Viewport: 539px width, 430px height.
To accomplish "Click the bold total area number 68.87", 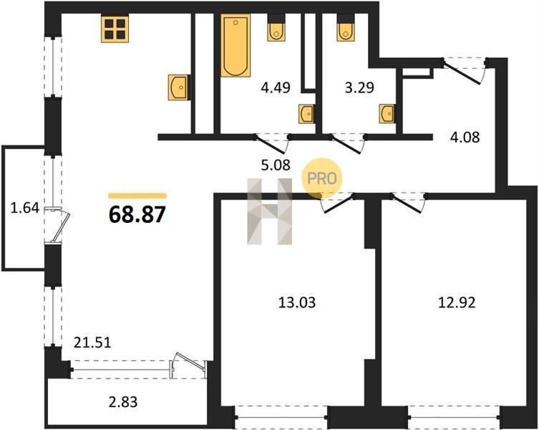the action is pyautogui.click(x=137, y=214).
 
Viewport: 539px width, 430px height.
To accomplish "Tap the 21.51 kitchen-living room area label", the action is pyautogui.click(x=93, y=343).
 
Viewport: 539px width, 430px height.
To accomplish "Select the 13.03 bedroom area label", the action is pyautogui.click(x=296, y=303).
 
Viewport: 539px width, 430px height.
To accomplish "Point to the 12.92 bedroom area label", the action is pyautogui.click(x=457, y=302).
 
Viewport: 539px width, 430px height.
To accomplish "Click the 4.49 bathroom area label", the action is pyautogui.click(x=276, y=87).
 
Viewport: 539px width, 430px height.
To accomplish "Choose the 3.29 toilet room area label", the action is pyautogui.click(x=359, y=87).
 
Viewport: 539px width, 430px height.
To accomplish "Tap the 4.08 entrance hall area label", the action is pyautogui.click(x=465, y=138).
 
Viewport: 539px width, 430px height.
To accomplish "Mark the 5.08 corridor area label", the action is pyautogui.click(x=276, y=166).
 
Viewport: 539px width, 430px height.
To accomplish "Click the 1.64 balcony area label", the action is pyautogui.click(x=25, y=209).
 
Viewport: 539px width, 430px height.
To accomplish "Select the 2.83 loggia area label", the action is pyautogui.click(x=123, y=402).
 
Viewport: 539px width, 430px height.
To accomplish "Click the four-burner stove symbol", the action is pyautogui.click(x=115, y=29).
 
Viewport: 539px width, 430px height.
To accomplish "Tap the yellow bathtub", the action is pyautogui.click(x=235, y=45).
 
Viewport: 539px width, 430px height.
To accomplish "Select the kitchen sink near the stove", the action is pyautogui.click(x=179, y=87).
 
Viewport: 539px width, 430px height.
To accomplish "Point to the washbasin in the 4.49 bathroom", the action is pyautogui.click(x=306, y=114).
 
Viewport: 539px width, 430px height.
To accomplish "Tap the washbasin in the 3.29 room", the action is pyautogui.click(x=387, y=114).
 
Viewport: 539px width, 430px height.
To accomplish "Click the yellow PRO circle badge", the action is pyautogui.click(x=322, y=178).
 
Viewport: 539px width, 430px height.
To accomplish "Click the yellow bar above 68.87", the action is pyautogui.click(x=137, y=196).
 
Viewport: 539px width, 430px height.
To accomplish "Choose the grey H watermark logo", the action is pyautogui.click(x=269, y=211).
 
